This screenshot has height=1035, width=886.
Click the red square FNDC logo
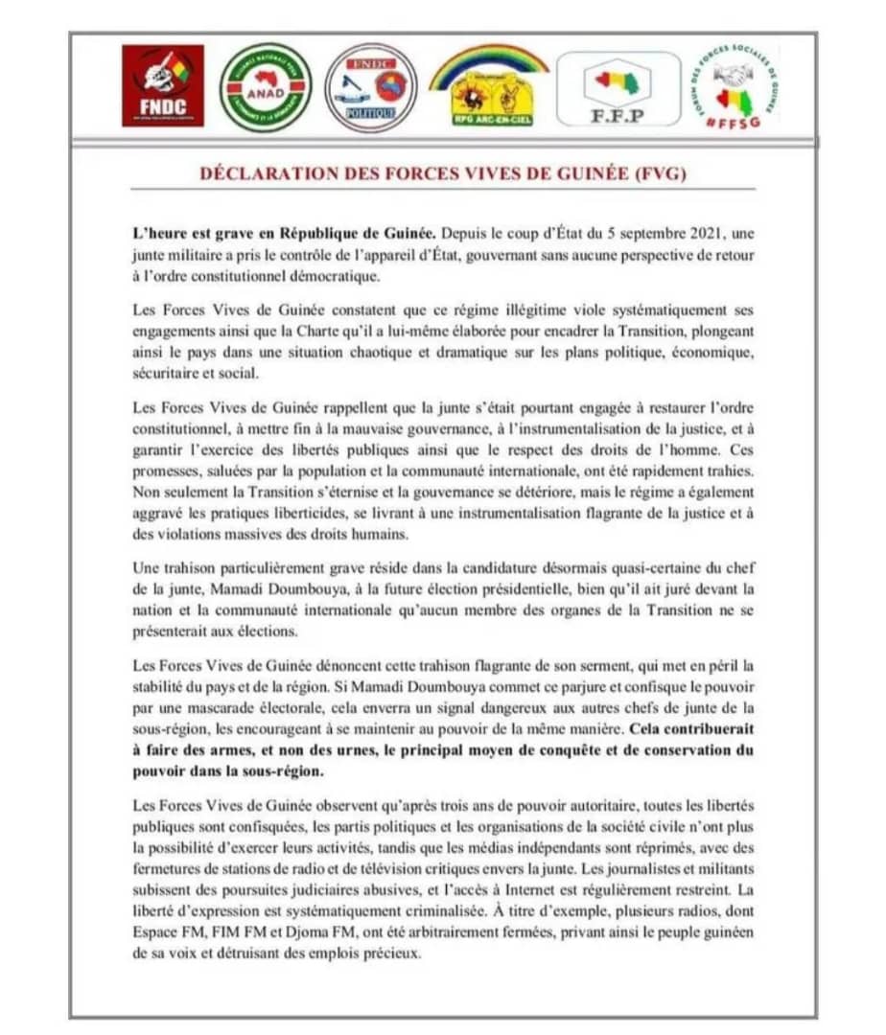[163, 85]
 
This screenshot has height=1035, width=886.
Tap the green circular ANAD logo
[266, 87]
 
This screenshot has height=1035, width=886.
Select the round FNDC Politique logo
[370, 87]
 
